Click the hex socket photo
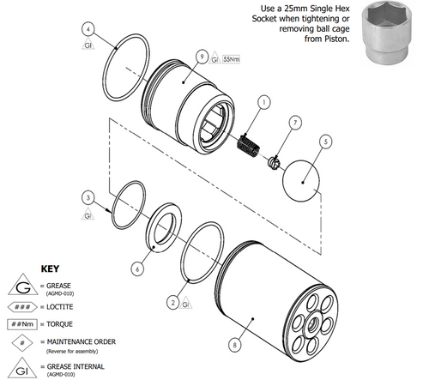click(x=390, y=32)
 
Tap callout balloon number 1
click(x=263, y=101)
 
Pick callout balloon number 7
click(x=294, y=123)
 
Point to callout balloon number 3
click(x=86, y=197)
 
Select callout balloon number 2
click(x=173, y=301)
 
